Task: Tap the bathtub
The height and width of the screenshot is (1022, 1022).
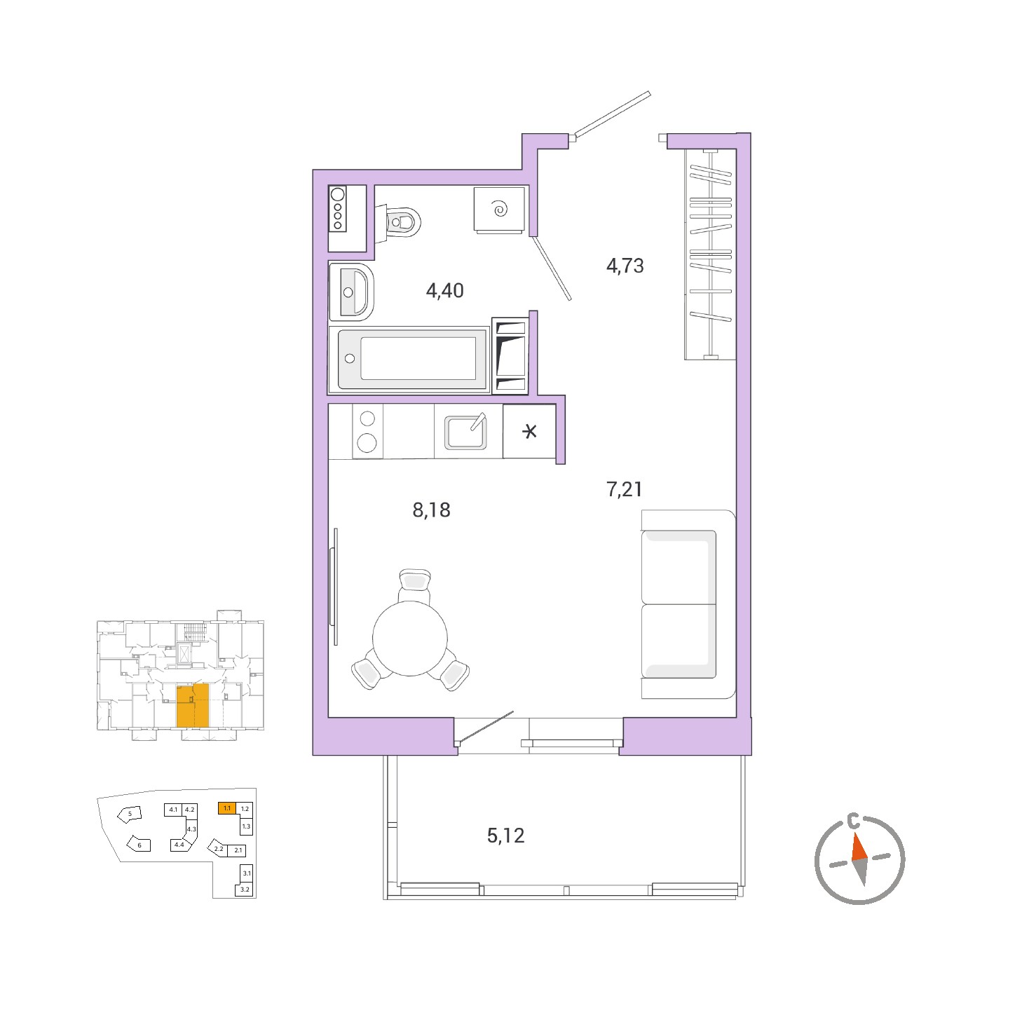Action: [x=409, y=360]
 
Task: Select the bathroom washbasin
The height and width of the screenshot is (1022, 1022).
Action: [x=351, y=292]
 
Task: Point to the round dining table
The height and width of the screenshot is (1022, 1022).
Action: [x=410, y=638]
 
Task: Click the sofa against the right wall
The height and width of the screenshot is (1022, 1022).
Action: [x=688, y=604]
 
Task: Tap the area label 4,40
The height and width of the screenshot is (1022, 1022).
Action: [x=445, y=291]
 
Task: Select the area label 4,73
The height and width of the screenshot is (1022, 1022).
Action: [x=625, y=266]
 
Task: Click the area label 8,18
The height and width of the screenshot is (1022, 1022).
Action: [x=431, y=510]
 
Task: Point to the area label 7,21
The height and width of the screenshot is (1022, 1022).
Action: [x=625, y=489]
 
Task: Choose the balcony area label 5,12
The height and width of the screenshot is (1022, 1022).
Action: [x=505, y=836]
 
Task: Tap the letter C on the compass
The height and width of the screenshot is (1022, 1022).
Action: [x=852, y=823]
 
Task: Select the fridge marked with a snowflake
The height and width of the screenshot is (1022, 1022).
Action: [x=529, y=430]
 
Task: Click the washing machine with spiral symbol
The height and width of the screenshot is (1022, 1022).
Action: [x=500, y=209]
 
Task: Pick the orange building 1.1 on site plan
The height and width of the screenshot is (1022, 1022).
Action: [x=227, y=808]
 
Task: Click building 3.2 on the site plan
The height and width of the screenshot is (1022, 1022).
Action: [x=245, y=890]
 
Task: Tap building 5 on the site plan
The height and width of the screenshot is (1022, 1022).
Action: [x=130, y=814]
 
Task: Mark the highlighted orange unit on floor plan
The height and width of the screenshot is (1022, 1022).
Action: [x=193, y=705]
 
